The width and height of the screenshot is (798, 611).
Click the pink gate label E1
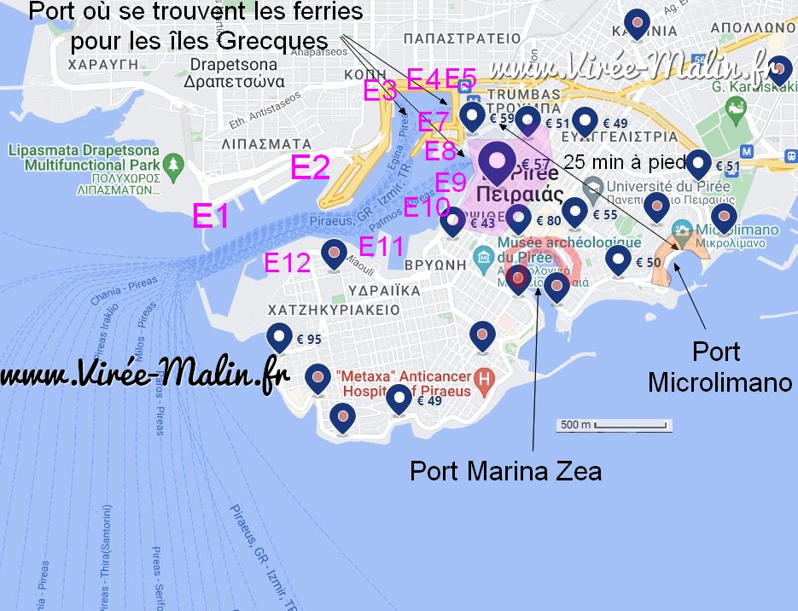210,216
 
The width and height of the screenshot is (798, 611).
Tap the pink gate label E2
310,167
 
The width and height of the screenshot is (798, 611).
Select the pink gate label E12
288,263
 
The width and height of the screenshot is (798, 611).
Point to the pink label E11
381,247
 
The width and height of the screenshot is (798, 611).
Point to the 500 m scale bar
615,425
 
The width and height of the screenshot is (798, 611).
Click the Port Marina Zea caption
505,470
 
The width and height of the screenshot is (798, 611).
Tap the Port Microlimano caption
719,367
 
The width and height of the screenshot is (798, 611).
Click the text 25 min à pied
626,161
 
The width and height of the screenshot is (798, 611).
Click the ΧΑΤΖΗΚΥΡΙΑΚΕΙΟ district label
334,309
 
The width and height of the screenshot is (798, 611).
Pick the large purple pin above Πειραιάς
495,160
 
